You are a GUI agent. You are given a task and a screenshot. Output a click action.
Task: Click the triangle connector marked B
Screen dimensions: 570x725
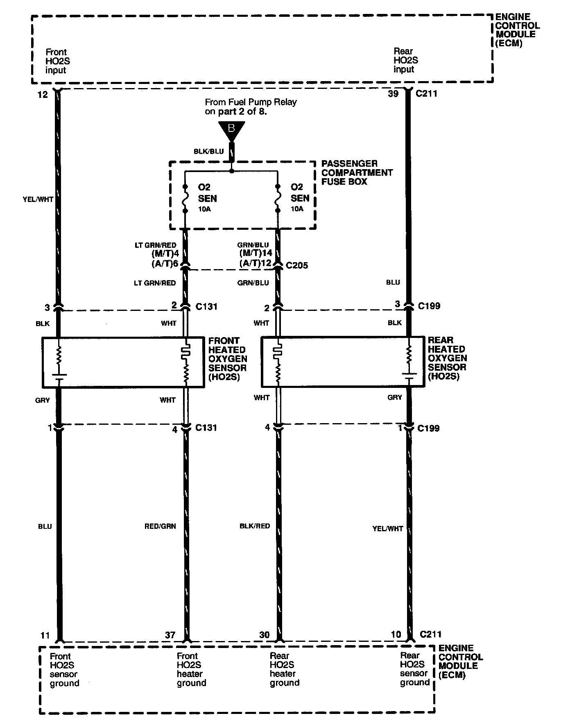pos(231,130)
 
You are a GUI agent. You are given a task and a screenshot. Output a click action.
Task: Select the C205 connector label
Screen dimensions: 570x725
pos(297,265)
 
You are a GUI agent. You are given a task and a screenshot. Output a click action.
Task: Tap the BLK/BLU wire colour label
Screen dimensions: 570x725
pos(209,152)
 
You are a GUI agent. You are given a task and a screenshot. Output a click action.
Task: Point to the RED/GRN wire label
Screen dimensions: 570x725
pos(160,526)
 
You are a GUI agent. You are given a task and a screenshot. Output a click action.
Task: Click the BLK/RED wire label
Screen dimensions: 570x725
pos(255,526)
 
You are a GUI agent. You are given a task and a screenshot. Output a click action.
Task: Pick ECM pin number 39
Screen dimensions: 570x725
pos(393,94)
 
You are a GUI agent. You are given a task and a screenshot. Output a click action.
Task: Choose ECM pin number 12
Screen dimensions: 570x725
pos(43,95)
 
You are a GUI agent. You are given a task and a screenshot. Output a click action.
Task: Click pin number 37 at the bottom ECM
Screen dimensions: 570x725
pos(170,635)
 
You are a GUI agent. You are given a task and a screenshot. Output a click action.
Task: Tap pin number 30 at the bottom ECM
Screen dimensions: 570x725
pos(265,635)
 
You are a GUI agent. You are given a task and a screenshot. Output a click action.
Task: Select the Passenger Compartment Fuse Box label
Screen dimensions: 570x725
pos(357,172)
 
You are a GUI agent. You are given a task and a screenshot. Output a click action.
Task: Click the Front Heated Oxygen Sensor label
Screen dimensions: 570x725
pos(227,359)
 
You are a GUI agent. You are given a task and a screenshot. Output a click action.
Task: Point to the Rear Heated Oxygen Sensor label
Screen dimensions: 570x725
pos(447,358)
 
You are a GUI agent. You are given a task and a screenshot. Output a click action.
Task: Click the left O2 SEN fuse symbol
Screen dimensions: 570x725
pos(185,199)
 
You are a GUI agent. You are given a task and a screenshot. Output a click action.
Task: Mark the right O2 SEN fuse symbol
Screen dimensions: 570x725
pos(278,199)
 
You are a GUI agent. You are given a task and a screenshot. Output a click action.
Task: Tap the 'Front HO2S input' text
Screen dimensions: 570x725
pos(57,61)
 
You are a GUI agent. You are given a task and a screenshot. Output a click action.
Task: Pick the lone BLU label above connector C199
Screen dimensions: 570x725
pos(393,282)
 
